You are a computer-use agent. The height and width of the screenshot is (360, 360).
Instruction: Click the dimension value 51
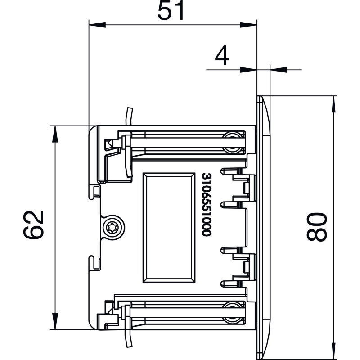[171, 10]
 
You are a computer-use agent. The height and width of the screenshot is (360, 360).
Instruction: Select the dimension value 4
[222, 55]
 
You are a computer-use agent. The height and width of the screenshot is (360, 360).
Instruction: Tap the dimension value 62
[33, 225]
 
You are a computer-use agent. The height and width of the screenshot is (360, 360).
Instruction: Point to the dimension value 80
[317, 227]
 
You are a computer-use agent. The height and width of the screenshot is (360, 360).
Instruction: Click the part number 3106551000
[206, 205]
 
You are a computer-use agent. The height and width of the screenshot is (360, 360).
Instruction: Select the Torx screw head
[114, 228]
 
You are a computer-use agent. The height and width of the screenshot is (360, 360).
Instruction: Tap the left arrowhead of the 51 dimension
[97, 25]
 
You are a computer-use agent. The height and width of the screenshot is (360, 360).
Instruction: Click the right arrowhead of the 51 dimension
[249, 25]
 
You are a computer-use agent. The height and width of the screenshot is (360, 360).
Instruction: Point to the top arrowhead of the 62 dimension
[55, 134]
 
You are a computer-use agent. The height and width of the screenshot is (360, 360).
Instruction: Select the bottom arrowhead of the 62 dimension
[55, 321]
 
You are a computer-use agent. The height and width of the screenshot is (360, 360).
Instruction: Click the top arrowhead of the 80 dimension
[334, 104]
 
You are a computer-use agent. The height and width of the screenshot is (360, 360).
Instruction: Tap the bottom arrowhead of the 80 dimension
[334, 351]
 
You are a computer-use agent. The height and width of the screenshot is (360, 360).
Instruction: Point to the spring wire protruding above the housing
[129, 116]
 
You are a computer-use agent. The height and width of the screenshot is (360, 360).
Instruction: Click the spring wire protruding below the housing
[129, 338]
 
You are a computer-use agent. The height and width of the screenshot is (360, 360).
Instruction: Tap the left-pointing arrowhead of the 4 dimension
[279, 70]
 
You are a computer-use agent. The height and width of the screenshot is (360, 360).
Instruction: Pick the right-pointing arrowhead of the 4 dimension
[249, 70]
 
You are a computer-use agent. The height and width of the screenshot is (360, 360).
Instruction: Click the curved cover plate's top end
[260, 97]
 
